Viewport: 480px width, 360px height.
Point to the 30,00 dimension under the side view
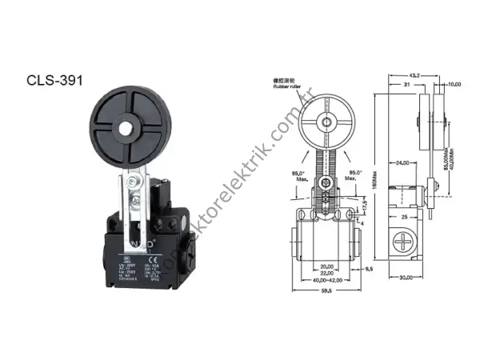(406, 278)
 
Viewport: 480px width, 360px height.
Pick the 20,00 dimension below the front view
(324, 266)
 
